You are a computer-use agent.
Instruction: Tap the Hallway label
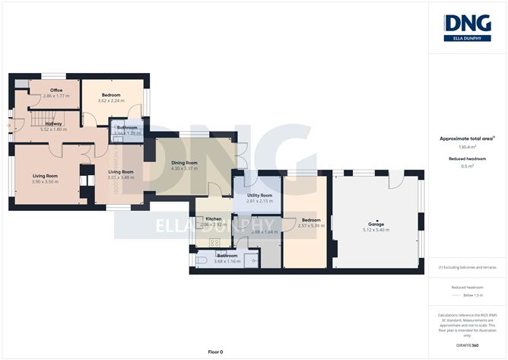[x=53, y=123]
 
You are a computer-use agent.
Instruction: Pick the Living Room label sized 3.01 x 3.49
[x=120, y=172]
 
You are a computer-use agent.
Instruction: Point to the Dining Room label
[x=184, y=163]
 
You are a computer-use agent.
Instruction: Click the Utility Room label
[x=259, y=195]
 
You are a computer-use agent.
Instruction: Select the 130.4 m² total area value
[x=467, y=146]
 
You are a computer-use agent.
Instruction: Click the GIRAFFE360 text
[x=467, y=346]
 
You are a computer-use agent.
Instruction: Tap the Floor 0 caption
[x=216, y=352]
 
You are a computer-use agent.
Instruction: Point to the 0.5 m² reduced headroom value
[x=467, y=166]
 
